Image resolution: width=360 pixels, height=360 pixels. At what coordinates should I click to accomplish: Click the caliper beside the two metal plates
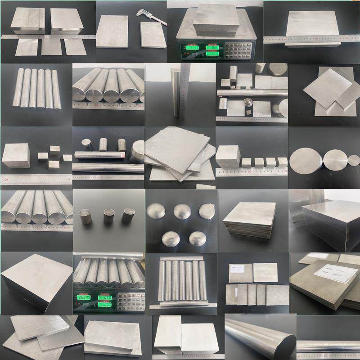[153, 18]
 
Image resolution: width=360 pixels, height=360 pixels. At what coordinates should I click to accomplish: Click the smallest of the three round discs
[354, 160]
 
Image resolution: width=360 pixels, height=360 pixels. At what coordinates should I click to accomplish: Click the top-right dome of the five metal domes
[207, 211]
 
